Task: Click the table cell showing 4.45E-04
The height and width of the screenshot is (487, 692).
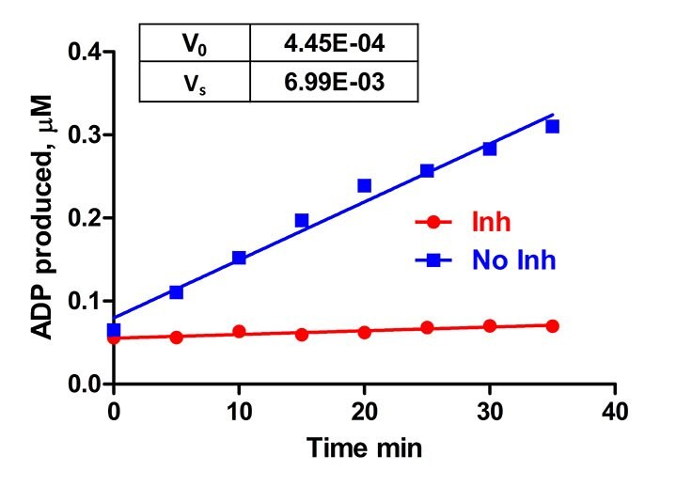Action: [333, 43]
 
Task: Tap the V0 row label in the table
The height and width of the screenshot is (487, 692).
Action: [196, 43]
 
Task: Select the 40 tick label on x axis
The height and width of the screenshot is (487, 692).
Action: [614, 413]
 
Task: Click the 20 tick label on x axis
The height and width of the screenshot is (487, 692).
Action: [364, 413]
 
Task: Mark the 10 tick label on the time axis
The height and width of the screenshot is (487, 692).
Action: [239, 413]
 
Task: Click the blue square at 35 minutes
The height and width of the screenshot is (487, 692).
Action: [552, 126]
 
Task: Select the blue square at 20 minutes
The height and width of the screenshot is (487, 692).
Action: [364, 185]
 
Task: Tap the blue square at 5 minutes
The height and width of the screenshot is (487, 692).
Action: [176, 292]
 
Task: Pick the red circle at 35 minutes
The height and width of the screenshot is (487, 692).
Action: [552, 326]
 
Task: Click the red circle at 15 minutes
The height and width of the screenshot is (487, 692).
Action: [302, 334]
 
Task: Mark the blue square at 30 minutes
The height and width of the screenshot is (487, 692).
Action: [489, 149]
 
